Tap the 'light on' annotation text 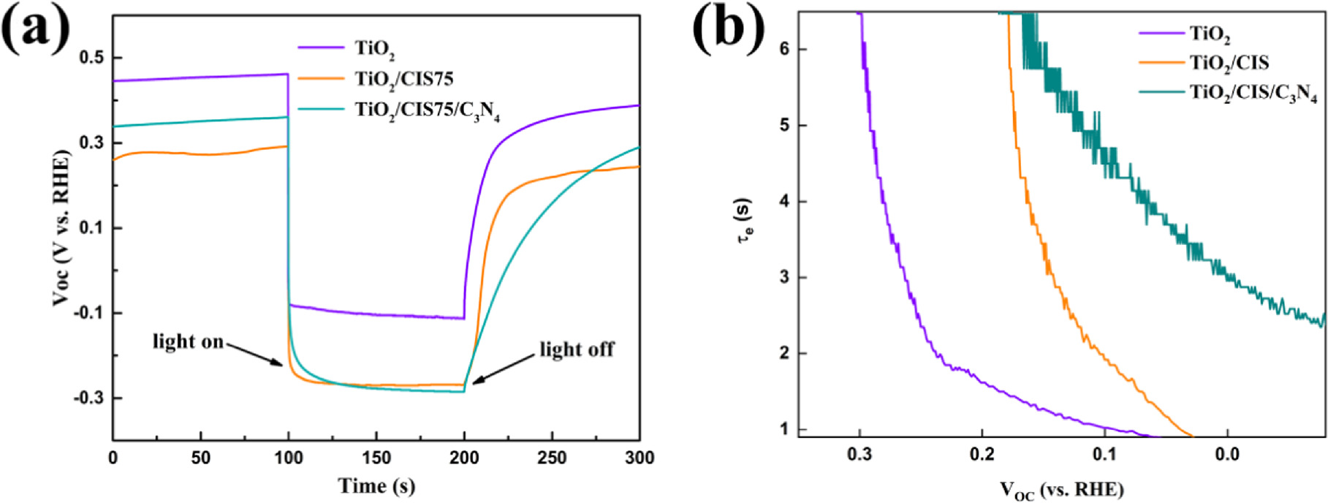(188, 341)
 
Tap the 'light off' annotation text (577, 349)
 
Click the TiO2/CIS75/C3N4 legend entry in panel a (427, 110)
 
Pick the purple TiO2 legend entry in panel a (375, 48)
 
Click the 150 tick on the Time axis (376, 458)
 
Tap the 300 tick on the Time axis (639, 458)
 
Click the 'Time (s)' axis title (376, 486)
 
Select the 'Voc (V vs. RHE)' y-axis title (62, 228)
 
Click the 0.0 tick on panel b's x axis (1227, 455)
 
